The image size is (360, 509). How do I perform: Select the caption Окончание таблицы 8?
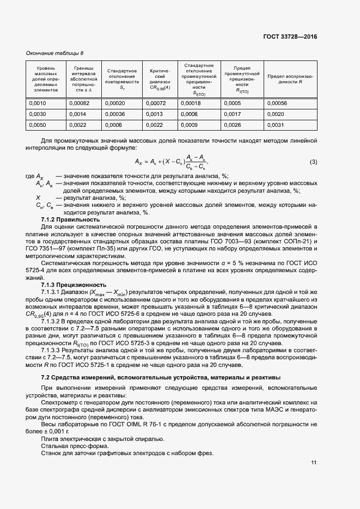click(x=55, y=53)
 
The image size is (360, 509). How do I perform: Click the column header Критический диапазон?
click(x=160, y=78)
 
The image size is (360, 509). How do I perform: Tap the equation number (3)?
click(x=313, y=162)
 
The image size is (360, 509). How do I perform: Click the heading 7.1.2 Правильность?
click(x=70, y=219)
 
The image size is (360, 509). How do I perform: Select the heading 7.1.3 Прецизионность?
click(x=74, y=285)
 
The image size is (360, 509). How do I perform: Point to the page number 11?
click(x=313, y=463)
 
